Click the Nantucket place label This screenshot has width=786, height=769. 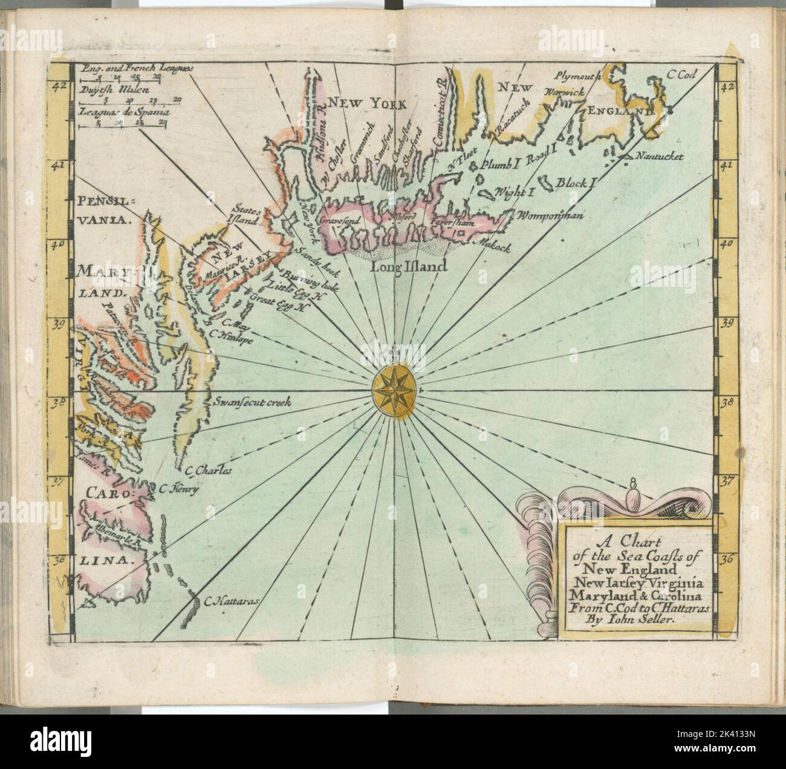(659, 157)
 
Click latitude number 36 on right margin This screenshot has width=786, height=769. (727, 559)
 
